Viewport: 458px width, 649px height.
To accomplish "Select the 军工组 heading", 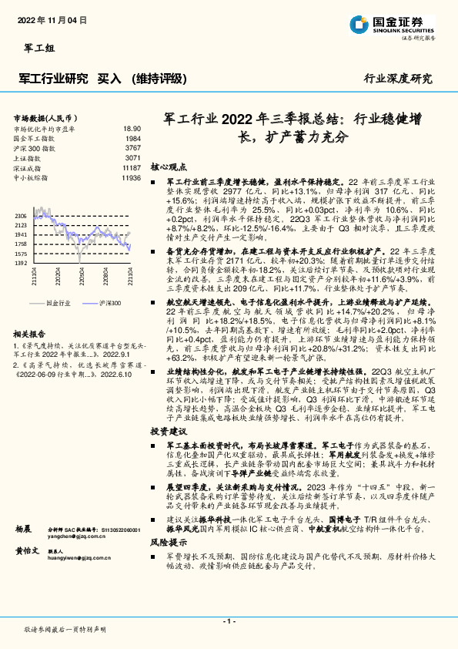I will point(34,49).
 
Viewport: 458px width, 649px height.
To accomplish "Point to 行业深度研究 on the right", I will point(398,79).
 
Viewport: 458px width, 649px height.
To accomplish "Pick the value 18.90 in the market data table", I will point(132,129).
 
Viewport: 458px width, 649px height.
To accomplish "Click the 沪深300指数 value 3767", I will point(133,148).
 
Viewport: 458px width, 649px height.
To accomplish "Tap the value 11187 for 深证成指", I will point(132,167).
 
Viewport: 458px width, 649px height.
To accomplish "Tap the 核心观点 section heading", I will point(168,166).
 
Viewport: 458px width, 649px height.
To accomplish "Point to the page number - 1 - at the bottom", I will point(229,621).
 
